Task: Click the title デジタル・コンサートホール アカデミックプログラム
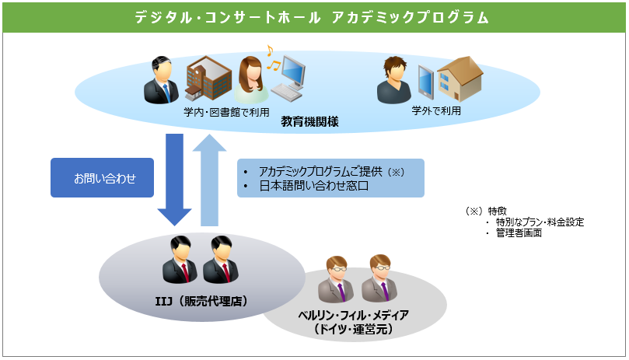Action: [314, 17]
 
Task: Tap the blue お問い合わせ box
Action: [104, 178]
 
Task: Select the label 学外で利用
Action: [436, 110]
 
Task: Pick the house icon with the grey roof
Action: [459, 78]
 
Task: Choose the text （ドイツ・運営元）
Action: [353, 330]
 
